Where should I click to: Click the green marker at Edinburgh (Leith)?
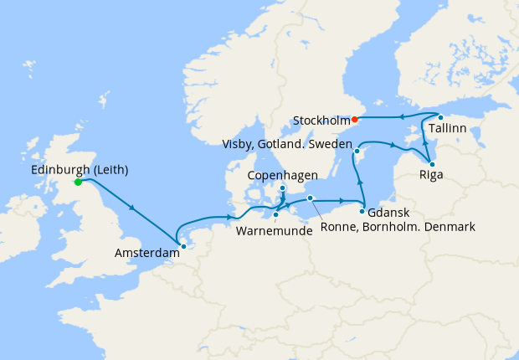77,182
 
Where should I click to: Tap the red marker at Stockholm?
354,119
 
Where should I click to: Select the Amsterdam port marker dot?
183,246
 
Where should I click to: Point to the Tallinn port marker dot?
440,116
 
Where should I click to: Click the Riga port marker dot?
432,164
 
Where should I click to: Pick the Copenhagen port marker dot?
282,188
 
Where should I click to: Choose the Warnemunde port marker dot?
275,215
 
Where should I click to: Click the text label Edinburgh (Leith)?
79,170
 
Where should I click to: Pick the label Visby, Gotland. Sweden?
285,144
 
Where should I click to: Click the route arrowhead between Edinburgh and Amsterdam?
131,207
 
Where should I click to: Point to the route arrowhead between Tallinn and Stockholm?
403,116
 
